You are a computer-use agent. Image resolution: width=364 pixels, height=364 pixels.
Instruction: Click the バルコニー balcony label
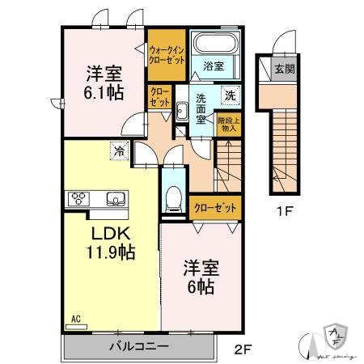pyautogui.click(x=139, y=346)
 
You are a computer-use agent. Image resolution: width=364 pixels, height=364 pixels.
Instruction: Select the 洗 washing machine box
pyautogui.click(x=230, y=94)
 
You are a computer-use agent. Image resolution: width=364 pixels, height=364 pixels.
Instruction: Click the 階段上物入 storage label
pyautogui.click(x=229, y=123)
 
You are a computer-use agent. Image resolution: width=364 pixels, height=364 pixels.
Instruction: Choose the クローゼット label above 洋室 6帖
pyautogui.click(x=216, y=207)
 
